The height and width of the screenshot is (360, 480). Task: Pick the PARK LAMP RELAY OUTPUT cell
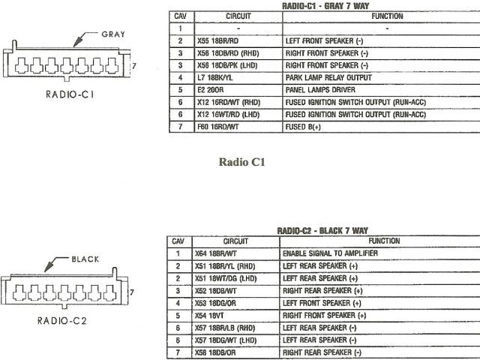[323, 77]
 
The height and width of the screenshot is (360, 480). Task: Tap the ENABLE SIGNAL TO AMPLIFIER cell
[330, 253]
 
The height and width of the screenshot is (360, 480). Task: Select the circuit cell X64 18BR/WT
[215, 253]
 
